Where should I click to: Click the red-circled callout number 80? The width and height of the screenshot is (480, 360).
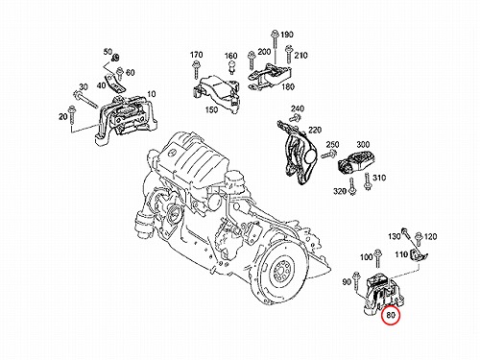pyautogui.click(x=391, y=315)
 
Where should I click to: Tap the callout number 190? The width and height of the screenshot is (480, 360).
pyautogui.click(x=287, y=35)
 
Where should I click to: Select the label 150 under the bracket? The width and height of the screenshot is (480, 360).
pyautogui.click(x=211, y=109)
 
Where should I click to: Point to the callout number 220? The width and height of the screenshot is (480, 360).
pyautogui.click(x=315, y=131)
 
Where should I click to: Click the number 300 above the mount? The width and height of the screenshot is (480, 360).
pyautogui.click(x=363, y=145)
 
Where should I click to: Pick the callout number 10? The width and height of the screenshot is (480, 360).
pyautogui.click(x=152, y=94)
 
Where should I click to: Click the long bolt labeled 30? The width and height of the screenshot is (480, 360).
pyautogui.click(x=85, y=100)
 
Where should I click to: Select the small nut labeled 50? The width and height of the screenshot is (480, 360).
pyautogui.click(x=115, y=58)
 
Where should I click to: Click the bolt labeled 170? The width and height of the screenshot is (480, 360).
pyautogui.click(x=195, y=71)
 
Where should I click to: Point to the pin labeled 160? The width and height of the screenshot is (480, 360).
pyautogui.click(x=231, y=68)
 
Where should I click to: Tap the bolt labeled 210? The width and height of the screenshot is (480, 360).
pyautogui.click(x=289, y=54)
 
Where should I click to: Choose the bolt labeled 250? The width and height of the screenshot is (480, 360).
pyautogui.click(x=328, y=155)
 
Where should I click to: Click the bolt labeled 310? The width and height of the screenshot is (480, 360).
pyautogui.click(x=368, y=182)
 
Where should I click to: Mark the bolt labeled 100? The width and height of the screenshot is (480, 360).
pyautogui.click(x=378, y=258)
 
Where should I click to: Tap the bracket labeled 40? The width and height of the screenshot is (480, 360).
pyautogui.click(x=114, y=84)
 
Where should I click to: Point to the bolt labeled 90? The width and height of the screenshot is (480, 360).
pyautogui.click(x=356, y=281)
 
